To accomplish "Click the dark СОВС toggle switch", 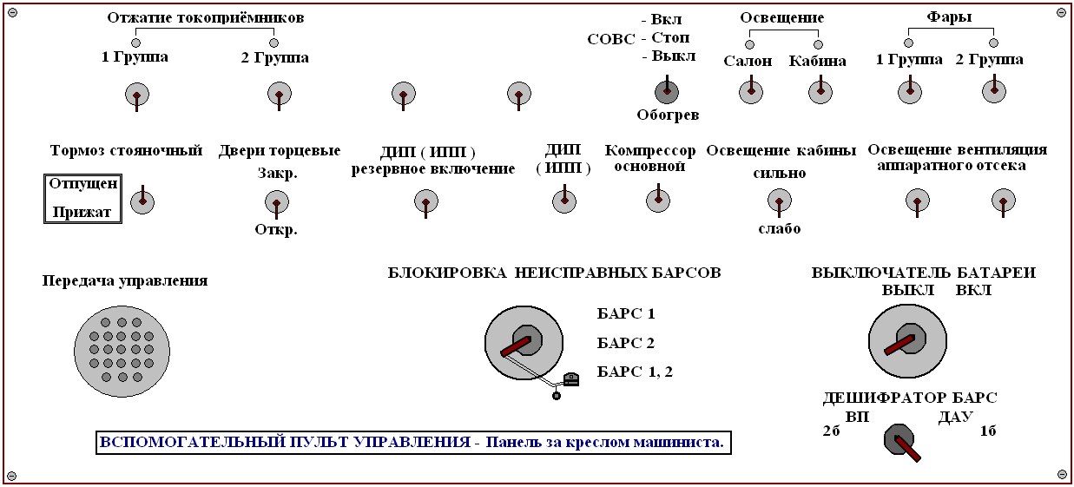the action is pyautogui.click(x=667, y=91).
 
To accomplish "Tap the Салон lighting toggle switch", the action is pyautogui.click(x=751, y=91).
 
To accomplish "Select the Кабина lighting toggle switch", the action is pyautogui.click(x=820, y=91).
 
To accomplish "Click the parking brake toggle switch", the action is pyautogui.click(x=142, y=201).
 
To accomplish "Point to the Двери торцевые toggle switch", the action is pyautogui.click(x=277, y=203).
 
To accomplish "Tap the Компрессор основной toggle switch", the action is pyautogui.click(x=658, y=200).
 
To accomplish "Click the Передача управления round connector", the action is pyautogui.click(x=122, y=352).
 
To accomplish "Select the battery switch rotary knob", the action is pyautogui.click(x=907, y=341).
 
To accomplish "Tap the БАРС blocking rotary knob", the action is pyautogui.click(x=524, y=343).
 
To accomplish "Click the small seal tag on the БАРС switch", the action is pyautogui.click(x=571, y=379).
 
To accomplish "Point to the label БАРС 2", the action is pyautogui.click(x=626, y=343).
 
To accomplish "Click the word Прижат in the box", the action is pyautogui.click(x=82, y=212).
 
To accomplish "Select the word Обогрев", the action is pyautogui.click(x=668, y=115).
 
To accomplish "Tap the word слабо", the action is pyautogui.click(x=779, y=228).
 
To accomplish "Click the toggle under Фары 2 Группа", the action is pyautogui.click(x=994, y=90).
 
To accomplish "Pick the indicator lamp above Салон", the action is pyautogui.click(x=750, y=44).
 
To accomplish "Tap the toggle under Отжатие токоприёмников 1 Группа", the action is pyautogui.click(x=137, y=95).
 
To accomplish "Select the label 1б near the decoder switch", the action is pyautogui.click(x=988, y=431).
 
